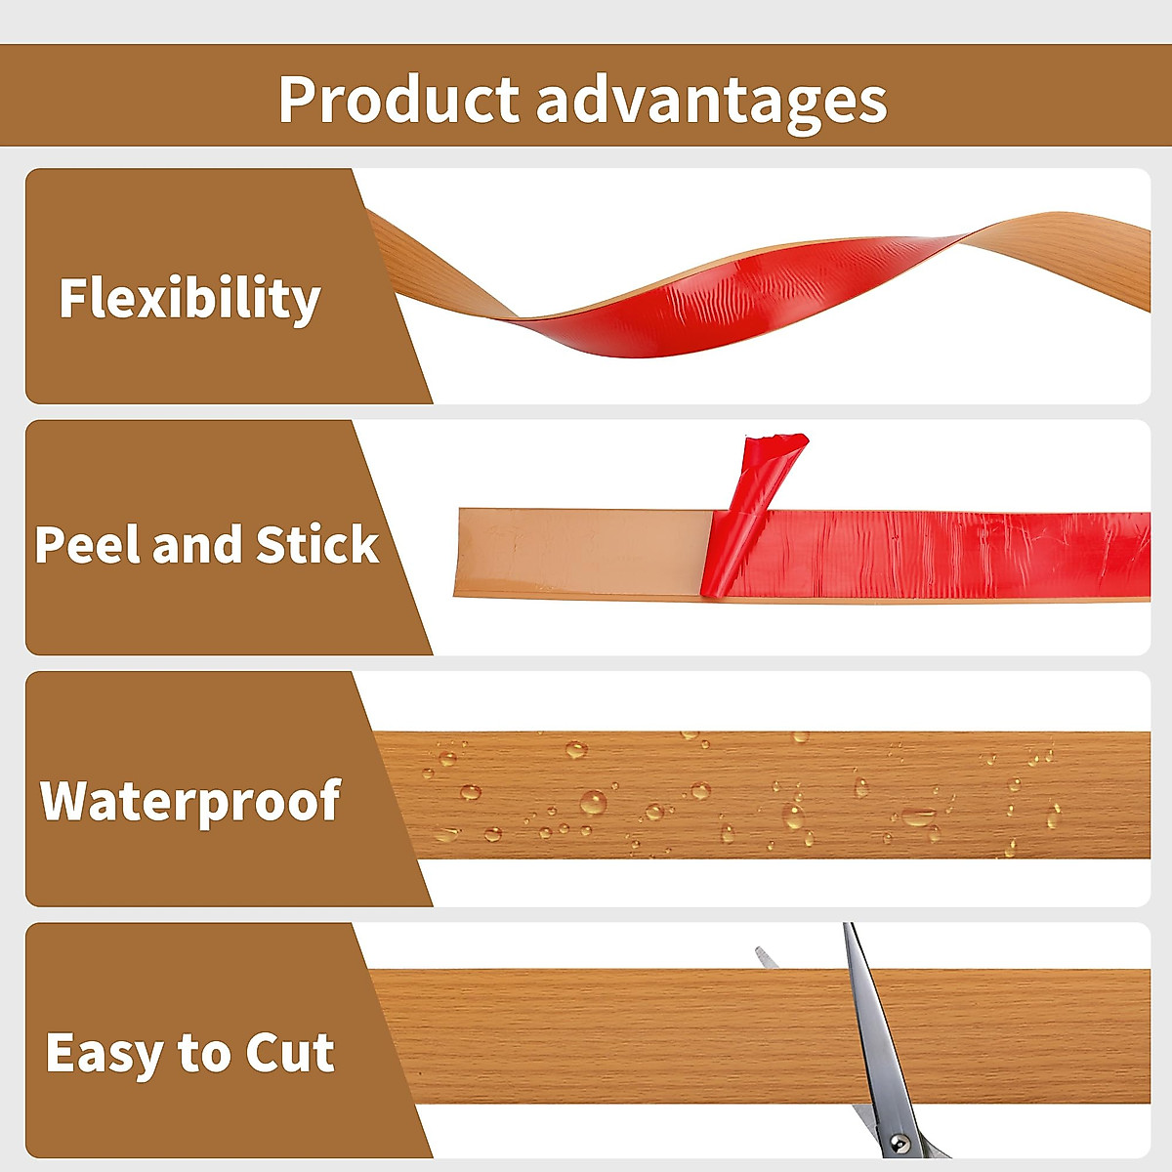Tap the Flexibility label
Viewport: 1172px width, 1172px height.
point(189,298)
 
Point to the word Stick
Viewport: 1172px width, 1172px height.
point(316,544)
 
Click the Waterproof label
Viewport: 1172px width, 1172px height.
point(190,801)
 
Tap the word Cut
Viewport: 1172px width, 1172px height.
point(290,1053)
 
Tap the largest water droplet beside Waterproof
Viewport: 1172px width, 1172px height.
point(593,803)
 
